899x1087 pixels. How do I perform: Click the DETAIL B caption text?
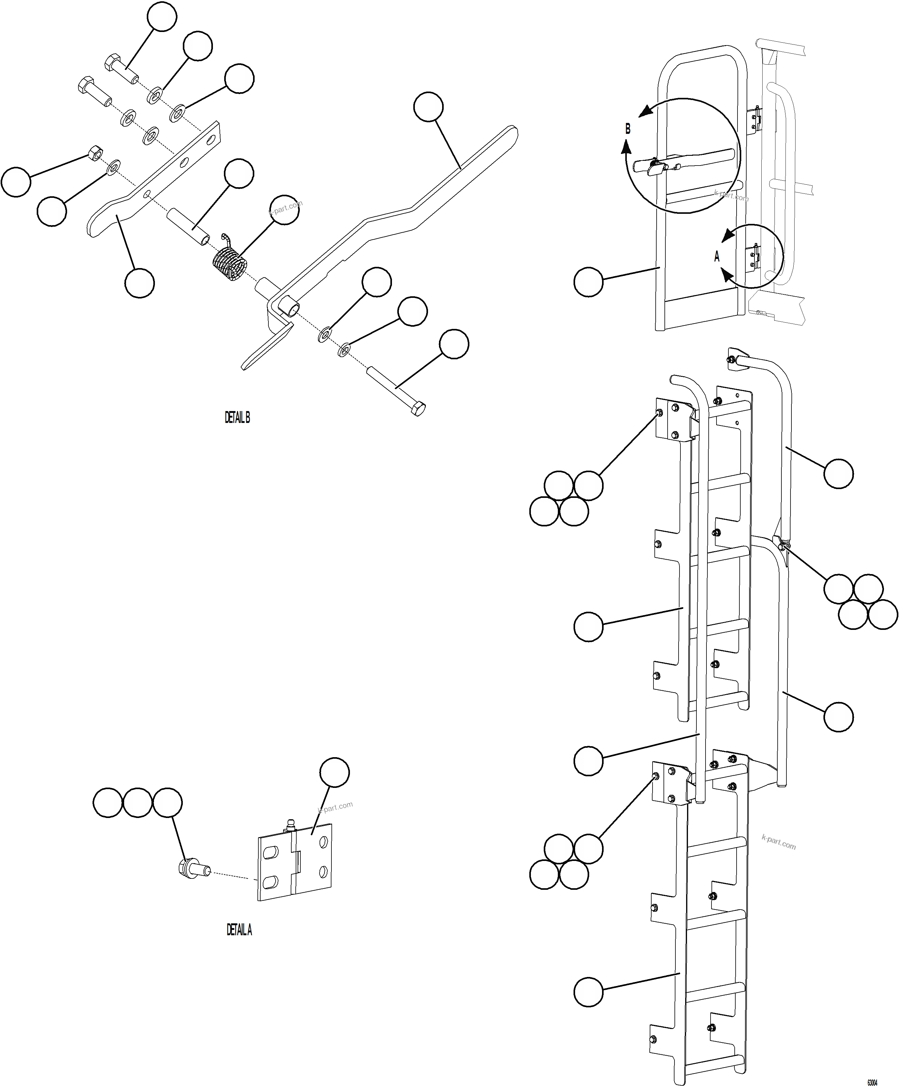(x=237, y=417)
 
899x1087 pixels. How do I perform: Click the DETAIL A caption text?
(x=239, y=930)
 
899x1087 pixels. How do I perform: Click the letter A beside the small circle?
(x=717, y=256)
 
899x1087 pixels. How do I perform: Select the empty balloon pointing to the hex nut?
(x=16, y=182)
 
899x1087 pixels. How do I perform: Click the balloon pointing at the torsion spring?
(x=285, y=210)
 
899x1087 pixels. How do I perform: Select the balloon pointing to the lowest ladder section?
(x=589, y=992)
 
